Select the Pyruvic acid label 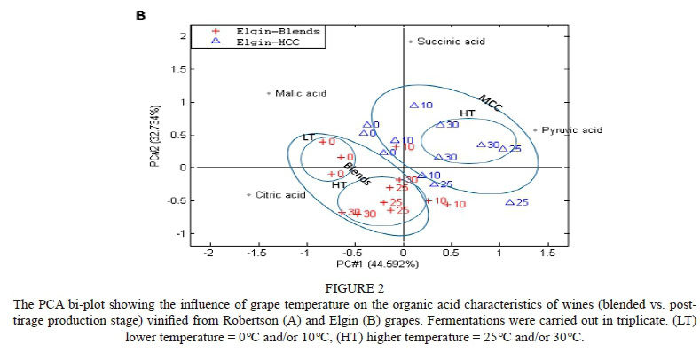(x=571, y=130)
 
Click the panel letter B (x=138, y=14)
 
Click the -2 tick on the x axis (x=209, y=253)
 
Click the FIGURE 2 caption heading (x=350, y=287)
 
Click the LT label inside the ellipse (x=309, y=137)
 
